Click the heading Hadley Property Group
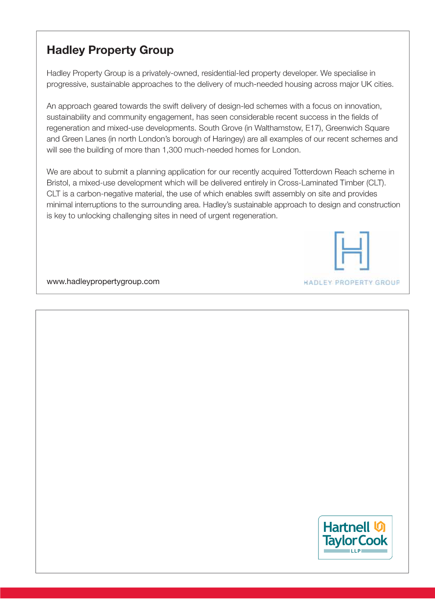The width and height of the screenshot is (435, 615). click(110, 50)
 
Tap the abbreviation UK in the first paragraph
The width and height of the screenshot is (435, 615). click(366, 84)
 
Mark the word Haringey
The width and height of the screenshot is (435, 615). click(228, 139)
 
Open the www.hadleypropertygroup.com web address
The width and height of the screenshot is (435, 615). click(103, 282)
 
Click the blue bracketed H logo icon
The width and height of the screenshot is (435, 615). click(352, 251)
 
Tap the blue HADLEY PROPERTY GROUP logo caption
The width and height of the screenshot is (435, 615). click(351, 283)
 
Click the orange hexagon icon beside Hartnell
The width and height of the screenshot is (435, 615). click(379, 526)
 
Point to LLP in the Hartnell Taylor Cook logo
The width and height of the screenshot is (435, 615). click(356, 551)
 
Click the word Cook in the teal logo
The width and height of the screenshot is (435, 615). click(373, 541)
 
